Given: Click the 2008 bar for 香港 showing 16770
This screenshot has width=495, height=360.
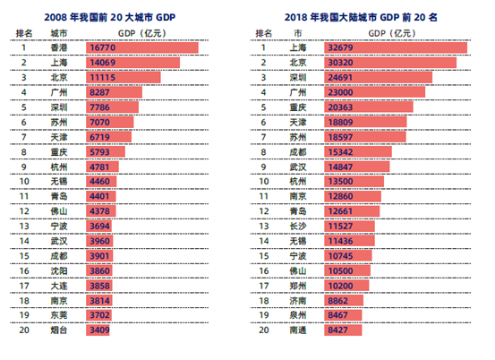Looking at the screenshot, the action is coord(142,47).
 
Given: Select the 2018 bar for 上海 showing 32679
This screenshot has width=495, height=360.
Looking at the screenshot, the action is coord(396,47).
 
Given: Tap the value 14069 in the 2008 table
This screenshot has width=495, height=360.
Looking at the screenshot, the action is coord(103,63).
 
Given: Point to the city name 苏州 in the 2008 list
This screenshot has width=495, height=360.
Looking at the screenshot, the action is coord(59,122).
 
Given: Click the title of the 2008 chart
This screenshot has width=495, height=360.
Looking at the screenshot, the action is coord(109,17).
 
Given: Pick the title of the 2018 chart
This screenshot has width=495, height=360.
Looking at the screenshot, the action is coord(361,17).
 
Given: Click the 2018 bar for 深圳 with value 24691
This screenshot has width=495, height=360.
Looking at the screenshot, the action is coord(379,77).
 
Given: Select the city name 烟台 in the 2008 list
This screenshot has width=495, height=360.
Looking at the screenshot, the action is coord(59,330).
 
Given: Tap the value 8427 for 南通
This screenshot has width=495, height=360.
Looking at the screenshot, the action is coord(337,330).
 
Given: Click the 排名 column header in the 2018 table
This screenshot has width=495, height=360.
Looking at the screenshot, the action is coord(263,33).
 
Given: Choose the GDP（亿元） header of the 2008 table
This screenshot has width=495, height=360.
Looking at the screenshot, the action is coord(142,33).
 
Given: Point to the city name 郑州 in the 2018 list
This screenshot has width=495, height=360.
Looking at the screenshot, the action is coord(298,286).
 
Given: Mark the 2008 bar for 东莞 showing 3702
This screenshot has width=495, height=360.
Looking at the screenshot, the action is coord(98,315).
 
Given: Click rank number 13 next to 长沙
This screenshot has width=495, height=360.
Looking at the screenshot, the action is coord(263,226).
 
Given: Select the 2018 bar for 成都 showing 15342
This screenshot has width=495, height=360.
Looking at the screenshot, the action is coord(358,152).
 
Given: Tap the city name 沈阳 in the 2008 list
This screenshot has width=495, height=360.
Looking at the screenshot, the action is coord(59,271).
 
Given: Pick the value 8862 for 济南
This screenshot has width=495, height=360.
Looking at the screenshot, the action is coord(337,301).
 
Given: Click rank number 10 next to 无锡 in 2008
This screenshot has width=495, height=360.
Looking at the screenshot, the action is coord(24,182).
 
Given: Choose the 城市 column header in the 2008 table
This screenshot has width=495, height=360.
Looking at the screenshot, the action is coord(59,33).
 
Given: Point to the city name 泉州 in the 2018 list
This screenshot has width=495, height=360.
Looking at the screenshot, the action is coord(298,315).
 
